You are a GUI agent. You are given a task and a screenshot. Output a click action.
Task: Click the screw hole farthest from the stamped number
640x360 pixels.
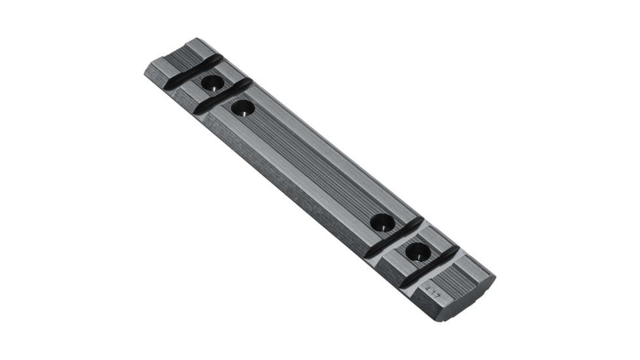pos(211,83)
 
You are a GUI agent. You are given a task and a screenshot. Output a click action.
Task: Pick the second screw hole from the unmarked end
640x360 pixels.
pos(242,107)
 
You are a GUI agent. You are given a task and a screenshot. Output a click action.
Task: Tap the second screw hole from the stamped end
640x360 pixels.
pos(382,223)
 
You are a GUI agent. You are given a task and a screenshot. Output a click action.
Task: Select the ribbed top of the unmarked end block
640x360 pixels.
pos(180,56)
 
